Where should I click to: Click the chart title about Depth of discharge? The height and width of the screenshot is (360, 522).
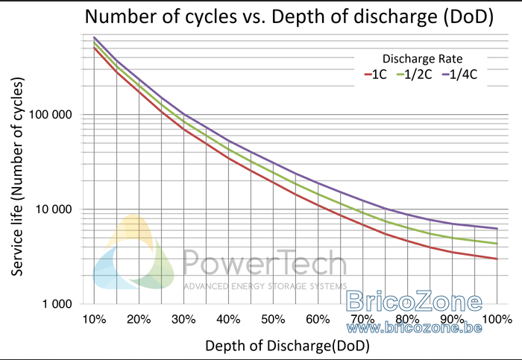click(289, 16)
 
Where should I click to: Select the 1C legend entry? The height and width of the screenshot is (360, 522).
click(376, 75)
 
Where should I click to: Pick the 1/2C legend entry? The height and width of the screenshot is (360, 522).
click(414, 75)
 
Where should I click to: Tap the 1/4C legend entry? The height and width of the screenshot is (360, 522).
click(459, 75)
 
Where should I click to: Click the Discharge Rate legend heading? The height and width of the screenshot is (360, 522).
click(422, 59)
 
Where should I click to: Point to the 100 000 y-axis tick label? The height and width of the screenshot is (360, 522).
click(50, 115)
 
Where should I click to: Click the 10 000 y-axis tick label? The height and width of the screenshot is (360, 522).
click(54, 209)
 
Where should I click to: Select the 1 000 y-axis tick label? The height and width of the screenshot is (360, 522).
click(57, 304)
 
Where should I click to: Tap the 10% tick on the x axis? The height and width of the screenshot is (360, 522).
click(94, 320)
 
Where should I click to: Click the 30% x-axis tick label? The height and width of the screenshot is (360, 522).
click(183, 320)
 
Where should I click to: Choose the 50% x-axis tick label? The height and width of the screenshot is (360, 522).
click(273, 320)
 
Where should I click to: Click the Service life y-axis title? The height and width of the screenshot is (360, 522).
click(17, 177)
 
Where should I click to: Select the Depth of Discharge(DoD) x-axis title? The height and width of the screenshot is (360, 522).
click(287, 346)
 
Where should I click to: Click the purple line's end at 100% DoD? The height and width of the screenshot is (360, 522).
click(497, 229)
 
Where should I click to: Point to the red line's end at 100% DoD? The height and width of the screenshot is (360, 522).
click(497, 259)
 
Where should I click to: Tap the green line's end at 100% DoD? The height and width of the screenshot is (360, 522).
click(497, 244)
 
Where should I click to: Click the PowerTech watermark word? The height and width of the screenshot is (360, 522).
click(265, 263)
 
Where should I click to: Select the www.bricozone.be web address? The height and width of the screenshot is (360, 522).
click(414, 328)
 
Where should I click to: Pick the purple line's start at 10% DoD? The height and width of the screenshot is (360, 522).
click(94, 37)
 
